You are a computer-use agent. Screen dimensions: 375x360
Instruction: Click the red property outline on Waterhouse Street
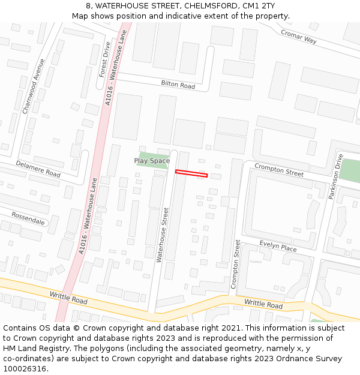click(x=191, y=174)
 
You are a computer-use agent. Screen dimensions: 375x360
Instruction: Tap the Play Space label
click(x=152, y=161)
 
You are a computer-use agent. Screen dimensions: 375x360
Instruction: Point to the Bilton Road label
click(x=178, y=85)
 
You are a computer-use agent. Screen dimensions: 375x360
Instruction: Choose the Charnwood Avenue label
click(x=34, y=86)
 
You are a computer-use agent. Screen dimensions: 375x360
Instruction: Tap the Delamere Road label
click(x=38, y=169)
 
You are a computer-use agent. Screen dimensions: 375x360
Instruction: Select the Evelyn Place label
click(x=278, y=246)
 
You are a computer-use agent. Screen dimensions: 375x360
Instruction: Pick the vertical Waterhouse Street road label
click(x=163, y=235)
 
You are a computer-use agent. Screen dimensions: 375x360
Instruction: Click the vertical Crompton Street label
click(x=235, y=264)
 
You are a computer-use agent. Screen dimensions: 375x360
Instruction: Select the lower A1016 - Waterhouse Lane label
click(x=88, y=218)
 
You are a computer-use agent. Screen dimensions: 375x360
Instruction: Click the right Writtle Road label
click(x=263, y=305)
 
